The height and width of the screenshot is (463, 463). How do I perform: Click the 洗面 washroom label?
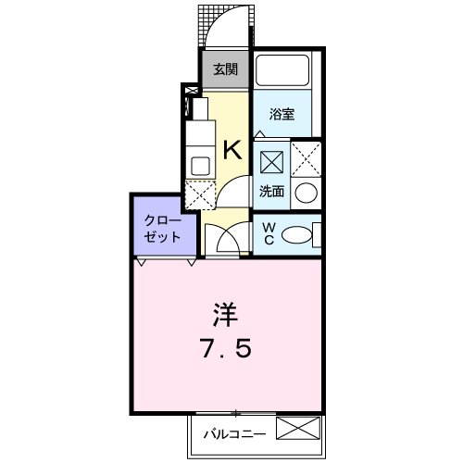coord(271,193)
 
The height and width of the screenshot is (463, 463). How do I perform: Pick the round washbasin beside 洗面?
coord(307,194)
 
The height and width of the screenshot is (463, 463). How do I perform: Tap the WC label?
coord(268,234)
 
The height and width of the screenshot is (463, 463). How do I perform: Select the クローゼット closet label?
coord(163,229)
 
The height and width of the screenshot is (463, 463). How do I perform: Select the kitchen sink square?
coord(199,166)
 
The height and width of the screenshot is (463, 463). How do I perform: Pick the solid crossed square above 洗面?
coord(272,162)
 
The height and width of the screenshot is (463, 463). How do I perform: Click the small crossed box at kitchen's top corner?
coord(192,92)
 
